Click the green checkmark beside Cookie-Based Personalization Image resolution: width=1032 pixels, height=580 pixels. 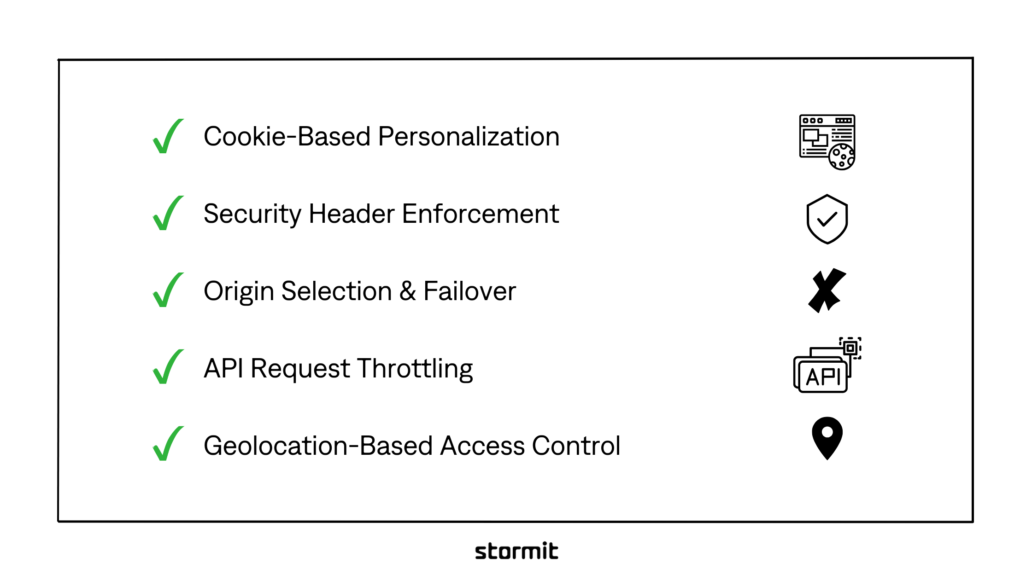click(167, 137)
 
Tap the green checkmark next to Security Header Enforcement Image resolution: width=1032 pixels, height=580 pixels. click(167, 214)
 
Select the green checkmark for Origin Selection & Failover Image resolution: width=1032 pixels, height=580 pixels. click(167, 291)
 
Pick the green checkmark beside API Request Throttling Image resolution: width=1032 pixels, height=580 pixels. click(167, 368)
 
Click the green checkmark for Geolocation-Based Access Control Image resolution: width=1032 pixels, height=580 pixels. click(167, 445)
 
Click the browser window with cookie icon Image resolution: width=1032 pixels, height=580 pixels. click(827, 142)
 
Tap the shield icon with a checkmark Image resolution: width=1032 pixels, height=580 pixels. click(827, 219)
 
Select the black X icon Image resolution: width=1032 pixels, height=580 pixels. click(827, 290)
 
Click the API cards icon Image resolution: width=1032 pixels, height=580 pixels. click(827, 365)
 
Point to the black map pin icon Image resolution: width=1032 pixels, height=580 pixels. click(827, 437)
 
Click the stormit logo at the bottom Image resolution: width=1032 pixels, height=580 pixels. click(516, 551)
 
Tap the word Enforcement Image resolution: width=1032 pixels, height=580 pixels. click(480, 214)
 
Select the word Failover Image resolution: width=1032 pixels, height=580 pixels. click(469, 291)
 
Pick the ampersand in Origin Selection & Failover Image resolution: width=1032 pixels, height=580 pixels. click(408, 291)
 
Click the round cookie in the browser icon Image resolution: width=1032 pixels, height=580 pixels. click(841, 157)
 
